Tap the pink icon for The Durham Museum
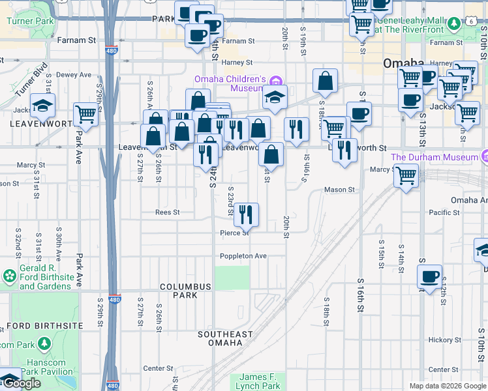pos(484,156)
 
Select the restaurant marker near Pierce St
pos(246,214)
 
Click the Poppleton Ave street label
pos(243,256)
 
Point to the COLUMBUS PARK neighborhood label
pos(186,291)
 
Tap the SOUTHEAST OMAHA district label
pos(225,339)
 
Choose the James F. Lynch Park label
pos(259,381)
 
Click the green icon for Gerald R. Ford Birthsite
pos(9,276)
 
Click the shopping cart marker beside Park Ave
pos(85,114)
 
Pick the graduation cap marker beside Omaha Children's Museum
pos(275,97)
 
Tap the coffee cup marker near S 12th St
pos(429,276)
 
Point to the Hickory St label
pos(445,340)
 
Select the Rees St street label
pos(167,212)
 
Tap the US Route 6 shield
pos(470,22)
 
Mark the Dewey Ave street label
pos(74,75)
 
